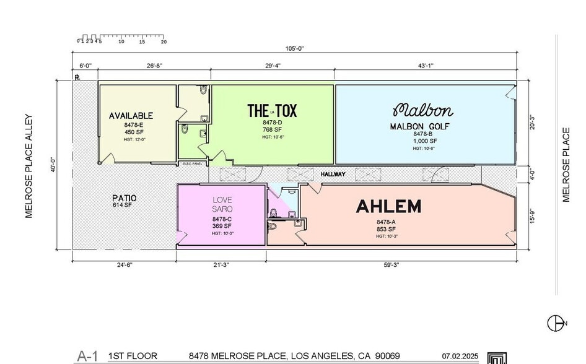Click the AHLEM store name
388,206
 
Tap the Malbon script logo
422,111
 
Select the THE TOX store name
272,111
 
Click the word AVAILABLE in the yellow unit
131,116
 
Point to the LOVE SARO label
222,205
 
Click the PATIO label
124,198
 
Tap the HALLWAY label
333,175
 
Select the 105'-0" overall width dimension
294,48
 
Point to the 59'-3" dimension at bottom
390,265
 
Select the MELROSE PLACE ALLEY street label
28,165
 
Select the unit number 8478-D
272,123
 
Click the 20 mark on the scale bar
164,42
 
